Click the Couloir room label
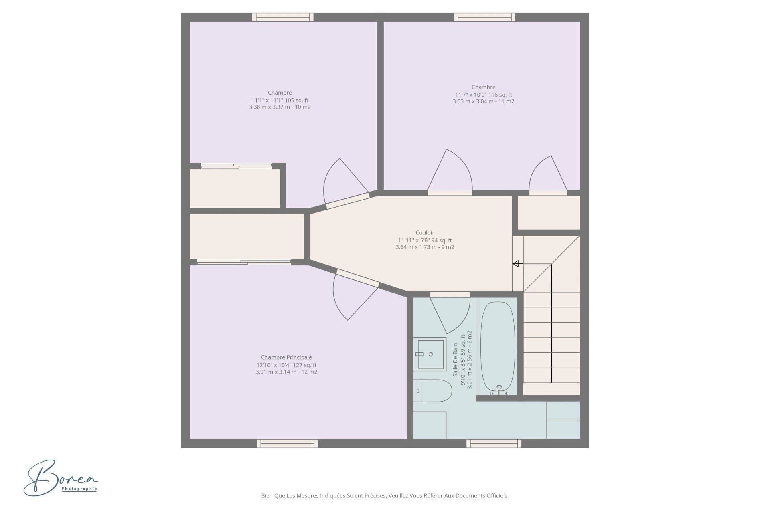(x=425, y=233)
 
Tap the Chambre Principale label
(x=286, y=357)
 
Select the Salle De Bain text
(x=455, y=360)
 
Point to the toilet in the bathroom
(x=432, y=391)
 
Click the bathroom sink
(x=430, y=354)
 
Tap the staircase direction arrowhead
(x=516, y=264)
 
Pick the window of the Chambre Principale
(x=287, y=443)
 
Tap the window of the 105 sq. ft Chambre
(x=283, y=17)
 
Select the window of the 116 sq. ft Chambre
(x=484, y=17)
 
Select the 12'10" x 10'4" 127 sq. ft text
(x=286, y=365)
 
